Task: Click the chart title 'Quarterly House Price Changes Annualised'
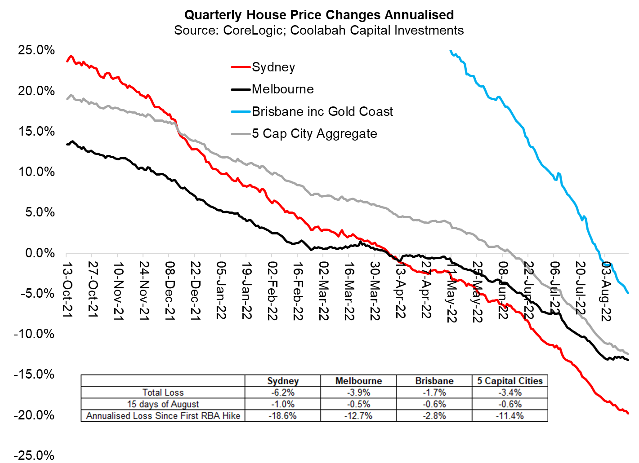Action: [319, 15]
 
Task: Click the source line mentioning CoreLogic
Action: [319, 31]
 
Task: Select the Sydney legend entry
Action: [273, 67]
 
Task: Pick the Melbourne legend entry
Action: [282, 89]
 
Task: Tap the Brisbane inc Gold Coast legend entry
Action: [322, 111]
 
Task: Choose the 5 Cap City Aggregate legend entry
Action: [314, 134]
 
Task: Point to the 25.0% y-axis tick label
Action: [36, 50]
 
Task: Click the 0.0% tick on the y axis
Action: [40, 253]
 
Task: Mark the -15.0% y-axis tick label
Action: [34, 374]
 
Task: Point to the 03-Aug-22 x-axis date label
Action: [606, 291]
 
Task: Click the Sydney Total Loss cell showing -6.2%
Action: [282, 392]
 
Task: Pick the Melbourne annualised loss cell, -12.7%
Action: [358, 416]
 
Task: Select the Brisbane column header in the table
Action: [434, 381]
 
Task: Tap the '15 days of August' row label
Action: [163, 404]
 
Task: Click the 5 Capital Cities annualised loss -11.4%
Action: [509, 416]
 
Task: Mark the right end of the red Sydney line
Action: [628, 413]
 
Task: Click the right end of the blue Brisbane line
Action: [628, 293]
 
